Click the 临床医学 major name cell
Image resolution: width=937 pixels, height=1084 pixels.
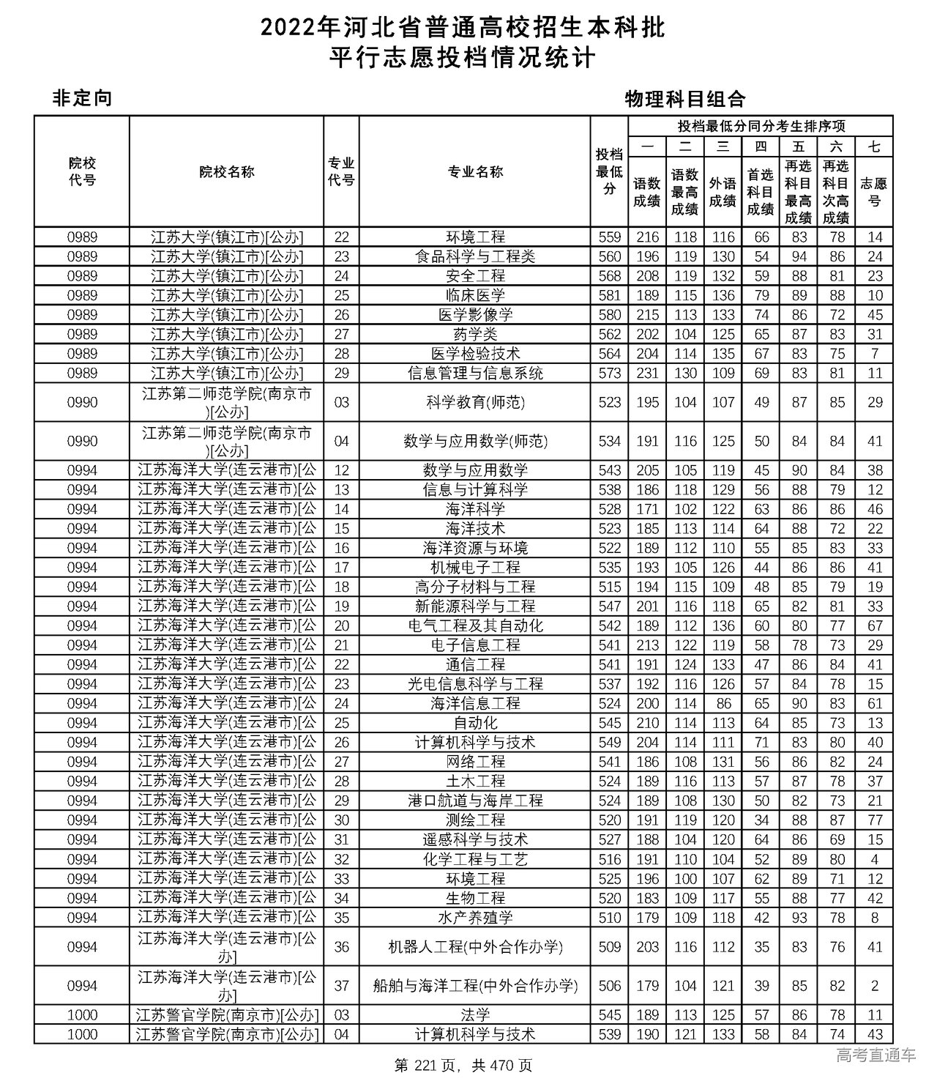coord(475,295)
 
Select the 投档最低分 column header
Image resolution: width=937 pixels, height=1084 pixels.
coord(609,172)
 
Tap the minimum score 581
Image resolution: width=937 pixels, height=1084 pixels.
coord(609,295)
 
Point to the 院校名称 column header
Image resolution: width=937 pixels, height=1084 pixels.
coord(226,172)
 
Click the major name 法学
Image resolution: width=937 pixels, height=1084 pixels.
coord(475,1015)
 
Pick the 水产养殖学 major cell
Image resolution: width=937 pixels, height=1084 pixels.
coord(475,918)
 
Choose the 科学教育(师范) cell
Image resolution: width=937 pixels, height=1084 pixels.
coord(475,402)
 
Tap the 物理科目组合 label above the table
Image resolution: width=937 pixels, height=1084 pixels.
coord(684,99)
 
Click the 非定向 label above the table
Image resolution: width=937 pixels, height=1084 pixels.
coord(82,98)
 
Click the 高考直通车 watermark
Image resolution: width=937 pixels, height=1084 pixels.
coord(876,1055)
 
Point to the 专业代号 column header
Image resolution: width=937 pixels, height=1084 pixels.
coord(341,172)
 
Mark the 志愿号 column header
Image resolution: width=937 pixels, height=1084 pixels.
coord(874,192)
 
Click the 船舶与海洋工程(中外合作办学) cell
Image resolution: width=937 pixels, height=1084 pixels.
coord(475,986)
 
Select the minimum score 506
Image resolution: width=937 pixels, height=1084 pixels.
coord(609,986)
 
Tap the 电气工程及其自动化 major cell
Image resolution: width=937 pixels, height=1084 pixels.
coord(475,625)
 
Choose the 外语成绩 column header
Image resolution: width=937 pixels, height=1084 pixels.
coord(723,192)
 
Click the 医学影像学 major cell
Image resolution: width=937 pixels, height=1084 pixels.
coord(475,315)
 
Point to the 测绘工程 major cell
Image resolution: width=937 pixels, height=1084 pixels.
coord(475,820)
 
